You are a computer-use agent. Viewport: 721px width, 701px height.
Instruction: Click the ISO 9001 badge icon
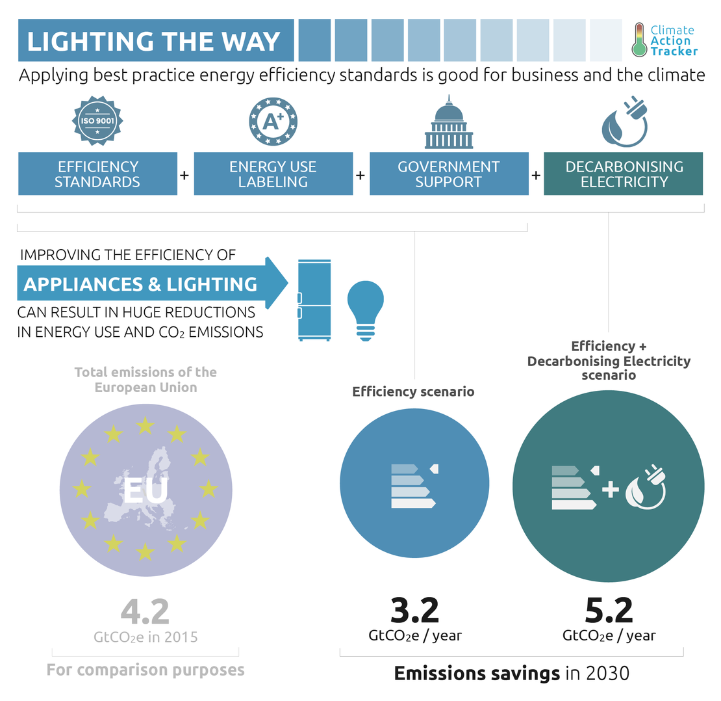click(x=97, y=120)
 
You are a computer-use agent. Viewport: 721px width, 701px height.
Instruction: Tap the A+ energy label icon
click(x=273, y=120)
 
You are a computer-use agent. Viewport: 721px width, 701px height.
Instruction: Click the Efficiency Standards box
click(x=97, y=174)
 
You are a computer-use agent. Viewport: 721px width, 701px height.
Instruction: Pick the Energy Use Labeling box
click(x=273, y=174)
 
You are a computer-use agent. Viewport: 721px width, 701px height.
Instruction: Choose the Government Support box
click(x=449, y=174)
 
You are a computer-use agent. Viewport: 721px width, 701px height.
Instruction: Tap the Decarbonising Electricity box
click(x=624, y=174)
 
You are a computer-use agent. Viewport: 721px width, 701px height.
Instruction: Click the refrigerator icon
click(x=314, y=299)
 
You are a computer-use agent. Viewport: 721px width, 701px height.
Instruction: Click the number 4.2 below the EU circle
click(x=145, y=611)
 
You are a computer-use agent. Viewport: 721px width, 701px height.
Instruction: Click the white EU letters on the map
click(x=145, y=491)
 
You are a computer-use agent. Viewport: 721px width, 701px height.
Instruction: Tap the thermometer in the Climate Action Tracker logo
click(x=639, y=40)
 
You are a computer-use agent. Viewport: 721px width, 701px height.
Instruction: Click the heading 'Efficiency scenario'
click(x=413, y=391)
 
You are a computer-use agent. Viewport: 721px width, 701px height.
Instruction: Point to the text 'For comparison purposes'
click(x=145, y=670)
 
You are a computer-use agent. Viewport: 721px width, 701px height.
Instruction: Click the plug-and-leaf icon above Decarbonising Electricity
click(x=624, y=122)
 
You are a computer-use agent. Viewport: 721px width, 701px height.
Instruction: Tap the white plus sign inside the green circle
click(x=610, y=489)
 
